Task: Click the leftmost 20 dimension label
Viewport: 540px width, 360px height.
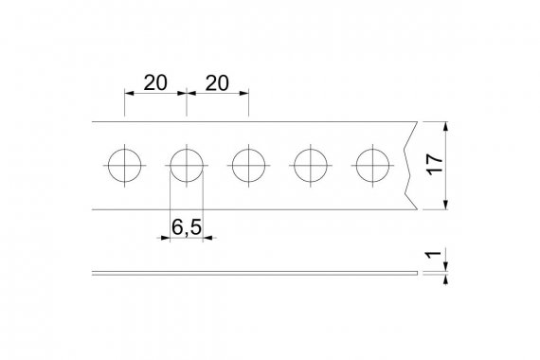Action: (x=155, y=83)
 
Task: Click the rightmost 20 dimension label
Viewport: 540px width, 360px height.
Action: (x=217, y=83)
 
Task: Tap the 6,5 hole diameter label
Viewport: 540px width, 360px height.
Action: (x=187, y=227)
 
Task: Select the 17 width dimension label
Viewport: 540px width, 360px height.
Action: (x=434, y=164)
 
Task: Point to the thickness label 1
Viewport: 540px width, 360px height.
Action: (x=434, y=255)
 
